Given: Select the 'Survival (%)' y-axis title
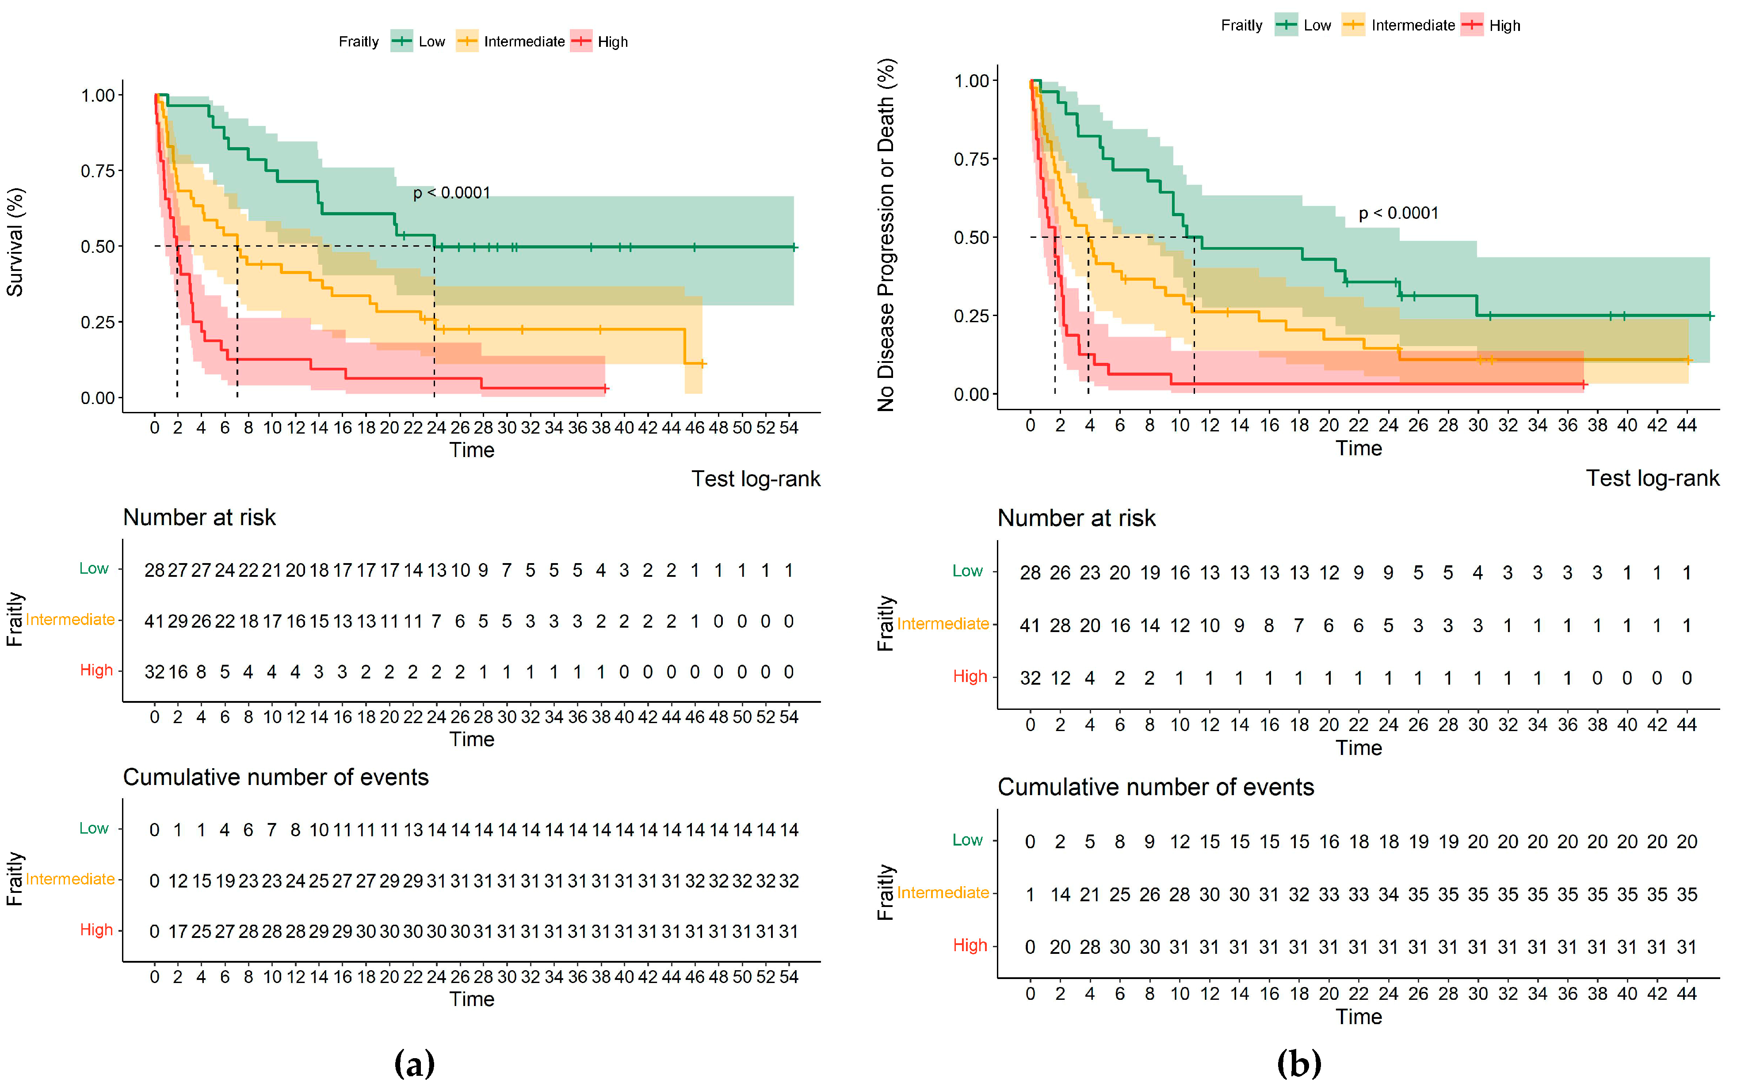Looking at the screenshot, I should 15,242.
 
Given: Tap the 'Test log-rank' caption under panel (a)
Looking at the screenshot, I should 755,479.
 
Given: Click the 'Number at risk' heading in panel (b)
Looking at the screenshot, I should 1076,518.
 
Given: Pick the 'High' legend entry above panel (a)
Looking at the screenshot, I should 612,42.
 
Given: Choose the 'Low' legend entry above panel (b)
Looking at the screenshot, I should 1317,26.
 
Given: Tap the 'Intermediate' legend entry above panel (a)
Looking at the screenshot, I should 524,42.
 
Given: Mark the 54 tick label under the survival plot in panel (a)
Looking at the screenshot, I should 789,428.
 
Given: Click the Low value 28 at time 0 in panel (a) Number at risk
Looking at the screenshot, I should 154,570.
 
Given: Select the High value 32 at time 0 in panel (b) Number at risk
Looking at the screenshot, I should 1030,678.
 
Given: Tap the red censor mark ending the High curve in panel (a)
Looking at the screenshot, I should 606,389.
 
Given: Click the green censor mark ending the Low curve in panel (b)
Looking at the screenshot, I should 1710,315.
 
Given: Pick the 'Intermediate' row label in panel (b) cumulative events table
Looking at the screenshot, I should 943,893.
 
